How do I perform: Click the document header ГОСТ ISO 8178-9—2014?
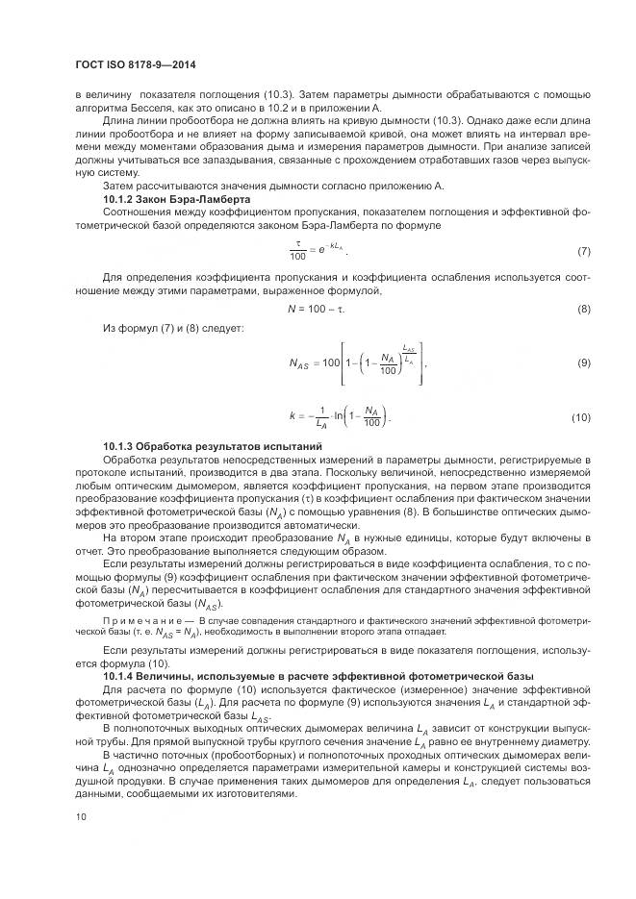coord(136,63)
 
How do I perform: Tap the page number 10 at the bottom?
coord(80,817)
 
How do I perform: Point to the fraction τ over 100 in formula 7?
coord(297,251)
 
